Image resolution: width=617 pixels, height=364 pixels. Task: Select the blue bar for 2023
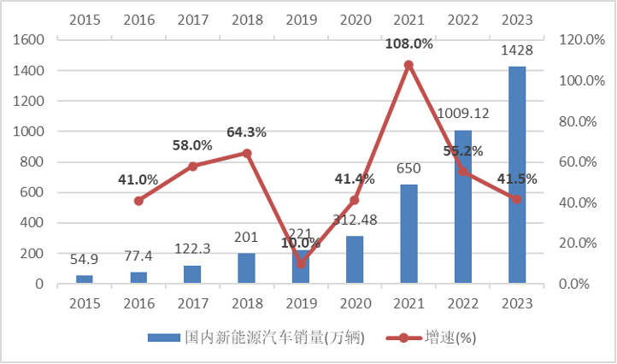click(x=517, y=174)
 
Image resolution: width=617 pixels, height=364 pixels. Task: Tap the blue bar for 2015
click(x=84, y=279)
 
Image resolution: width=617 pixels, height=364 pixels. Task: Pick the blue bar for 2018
click(x=246, y=268)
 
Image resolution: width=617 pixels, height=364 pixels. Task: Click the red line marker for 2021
click(x=408, y=65)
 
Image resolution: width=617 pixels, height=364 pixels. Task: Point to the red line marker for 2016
click(x=138, y=201)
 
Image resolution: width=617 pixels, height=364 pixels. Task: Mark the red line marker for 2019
click(x=301, y=263)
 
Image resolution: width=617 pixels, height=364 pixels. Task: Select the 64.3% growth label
click(x=246, y=132)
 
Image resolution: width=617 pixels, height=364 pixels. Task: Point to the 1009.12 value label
click(x=463, y=113)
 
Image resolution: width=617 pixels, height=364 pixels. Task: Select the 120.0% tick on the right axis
click(x=581, y=40)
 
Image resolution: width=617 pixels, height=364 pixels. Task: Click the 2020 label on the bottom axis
click(x=355, y=304)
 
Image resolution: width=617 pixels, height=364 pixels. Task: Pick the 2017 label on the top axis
click(x=192, y=19)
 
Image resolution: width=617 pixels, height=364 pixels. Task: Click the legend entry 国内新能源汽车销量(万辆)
click(x=256, y=338)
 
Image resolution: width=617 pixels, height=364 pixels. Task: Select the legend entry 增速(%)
click(x=432, y=338)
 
